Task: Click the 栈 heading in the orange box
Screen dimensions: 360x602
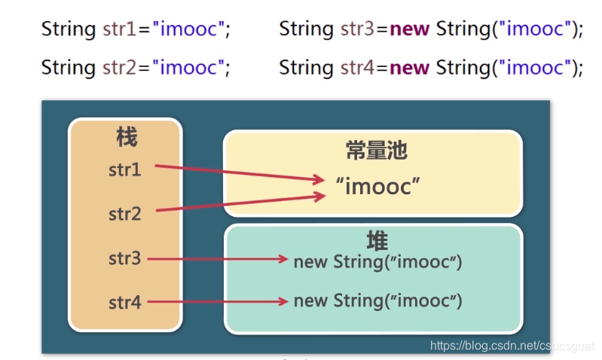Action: coord(127,137)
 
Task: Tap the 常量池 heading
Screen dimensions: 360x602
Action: coord(377,151)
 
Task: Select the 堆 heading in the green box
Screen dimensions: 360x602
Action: coord(377,241)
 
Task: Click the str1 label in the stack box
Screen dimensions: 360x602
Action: coord(125,169)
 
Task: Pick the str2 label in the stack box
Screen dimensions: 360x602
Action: coord(125,214)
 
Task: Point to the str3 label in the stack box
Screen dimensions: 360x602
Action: coord(125,259)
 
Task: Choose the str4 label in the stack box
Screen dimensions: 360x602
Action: coord(125,303)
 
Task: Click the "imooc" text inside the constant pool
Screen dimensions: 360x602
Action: coord(377,186)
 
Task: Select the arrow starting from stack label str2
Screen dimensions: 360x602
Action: coord(241,203)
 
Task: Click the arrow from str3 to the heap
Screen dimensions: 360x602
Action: coord(218,259)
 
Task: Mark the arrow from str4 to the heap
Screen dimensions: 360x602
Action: coord(218,302)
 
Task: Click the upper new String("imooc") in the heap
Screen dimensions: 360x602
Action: coord(377,261)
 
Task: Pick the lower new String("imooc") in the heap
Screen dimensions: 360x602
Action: coord(377,301)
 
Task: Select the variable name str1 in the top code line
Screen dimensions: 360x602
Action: coord(120,29)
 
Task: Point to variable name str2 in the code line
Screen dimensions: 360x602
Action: coord(120,68)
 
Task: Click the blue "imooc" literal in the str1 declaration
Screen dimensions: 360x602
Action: coord(188,29)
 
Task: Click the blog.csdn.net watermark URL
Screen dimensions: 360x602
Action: coord(512,346)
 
